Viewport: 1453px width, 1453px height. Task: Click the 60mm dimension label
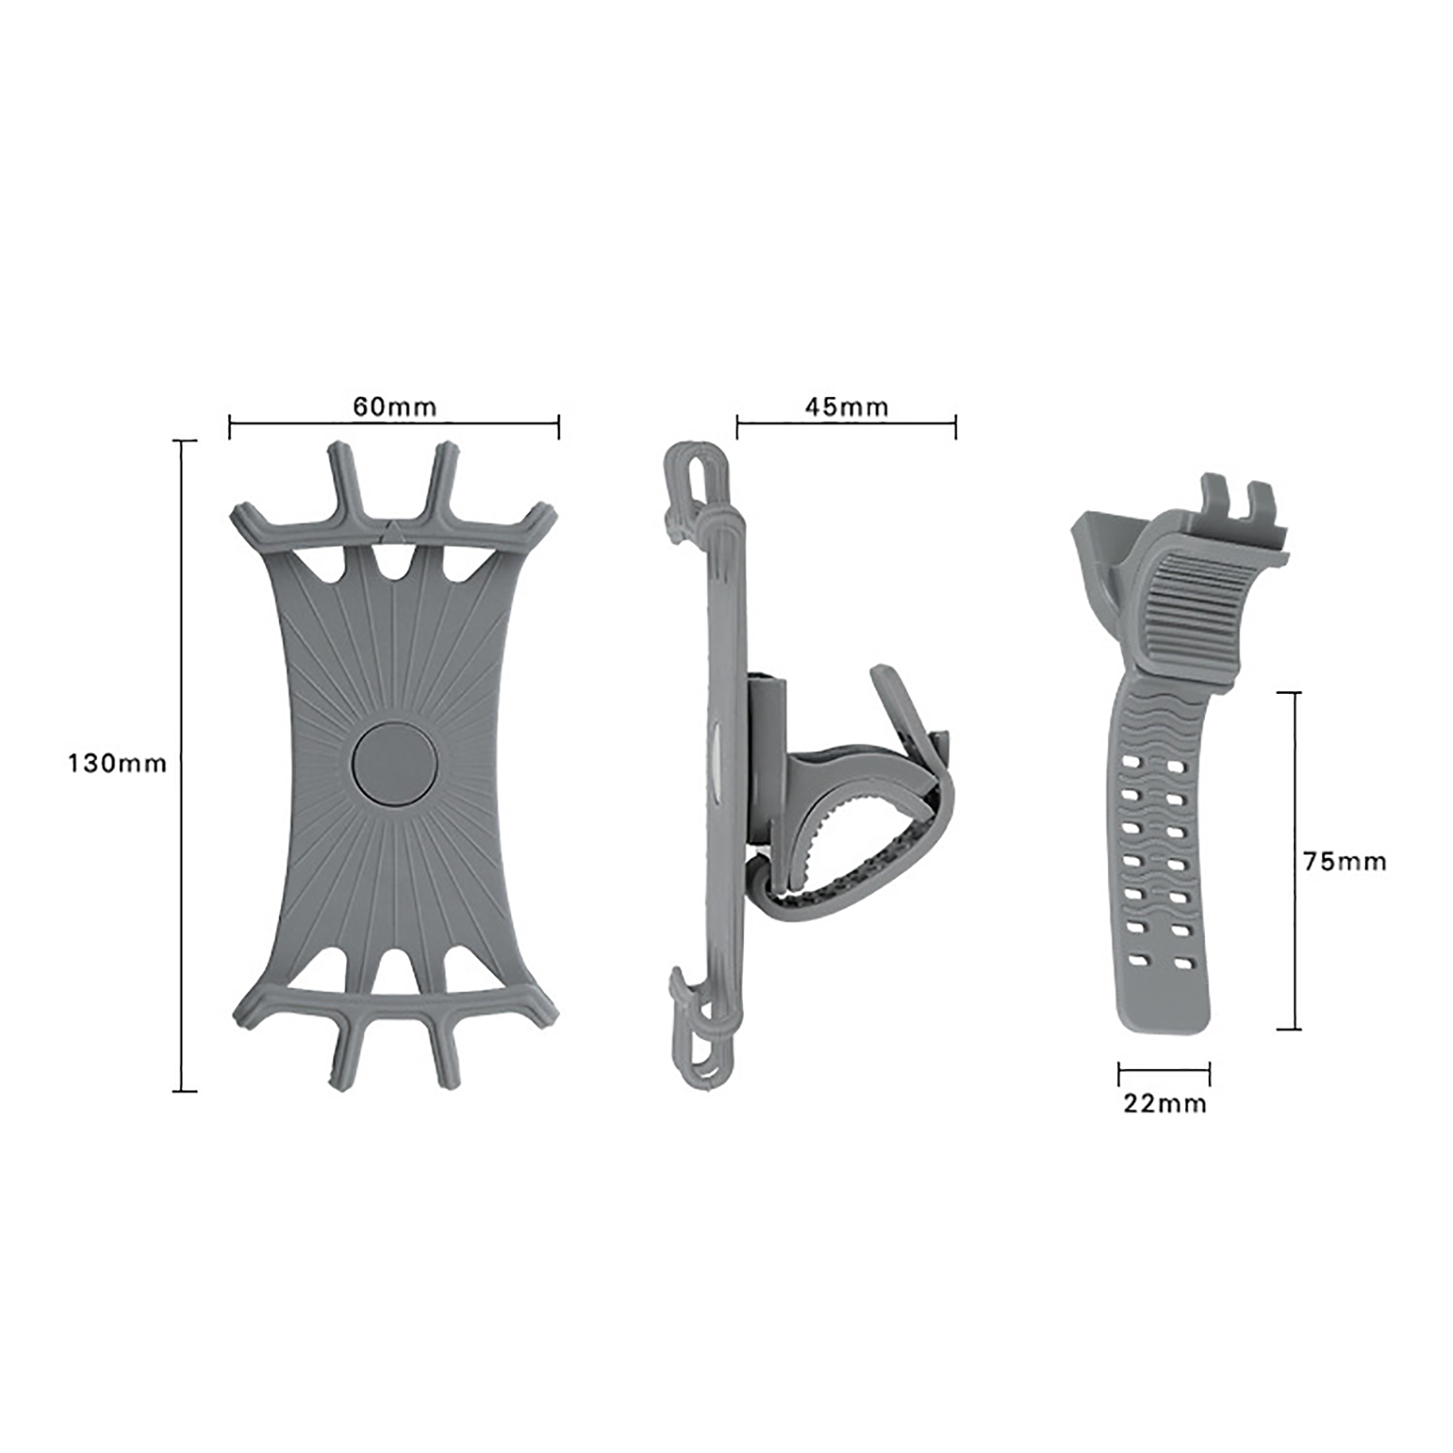[x=394, y=406]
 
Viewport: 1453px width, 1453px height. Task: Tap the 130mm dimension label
[x=117, y=763]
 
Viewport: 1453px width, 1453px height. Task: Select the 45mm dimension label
[x=846, y=406]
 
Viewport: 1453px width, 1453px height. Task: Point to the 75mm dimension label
[x=1345, y=861]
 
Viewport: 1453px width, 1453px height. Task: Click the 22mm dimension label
[x=1165, y=1103]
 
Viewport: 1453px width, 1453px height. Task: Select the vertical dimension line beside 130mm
[x=184, y=766]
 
